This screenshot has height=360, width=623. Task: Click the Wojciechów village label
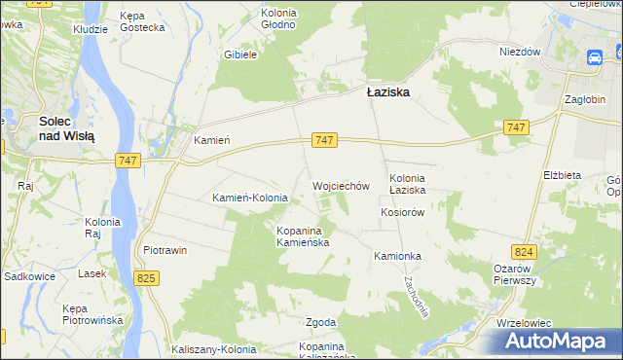(341, 185)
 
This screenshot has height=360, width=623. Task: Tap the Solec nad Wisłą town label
(66, 129)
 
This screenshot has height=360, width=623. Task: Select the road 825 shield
(147, 279)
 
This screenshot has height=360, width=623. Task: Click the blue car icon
(594, 58)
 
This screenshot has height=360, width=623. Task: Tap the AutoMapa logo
(555, 342)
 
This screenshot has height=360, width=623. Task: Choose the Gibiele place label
(239, 55)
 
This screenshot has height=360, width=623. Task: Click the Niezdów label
(520, 52)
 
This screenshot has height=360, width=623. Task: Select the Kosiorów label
(404, 212)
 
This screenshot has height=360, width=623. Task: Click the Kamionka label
(397, 256)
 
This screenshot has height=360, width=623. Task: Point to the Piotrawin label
(165, 250)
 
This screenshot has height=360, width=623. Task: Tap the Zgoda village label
(294, 322)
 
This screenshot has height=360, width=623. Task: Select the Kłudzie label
(91, 30)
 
